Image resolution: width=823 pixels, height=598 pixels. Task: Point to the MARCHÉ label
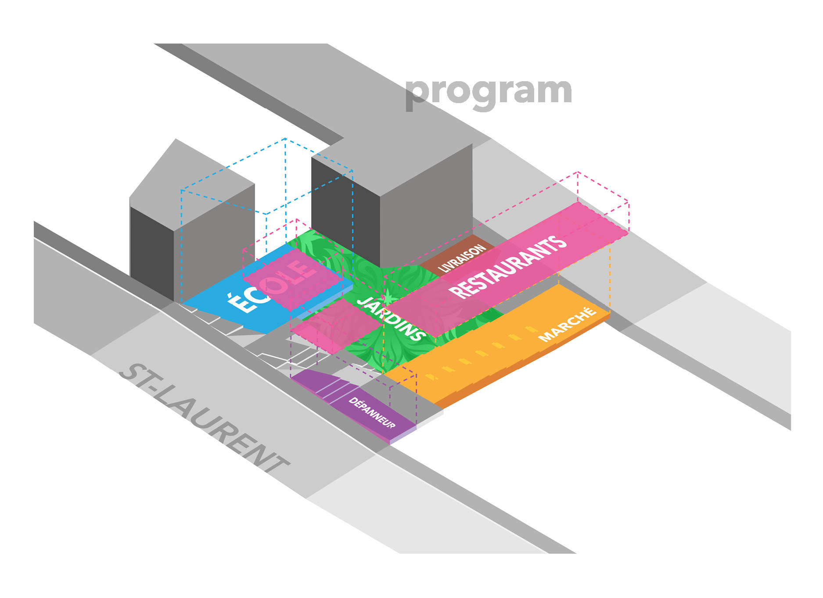pos(567,324)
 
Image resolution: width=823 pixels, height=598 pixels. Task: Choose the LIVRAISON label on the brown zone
pos(462,258)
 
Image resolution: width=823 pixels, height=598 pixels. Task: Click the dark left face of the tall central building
pos(345,211)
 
